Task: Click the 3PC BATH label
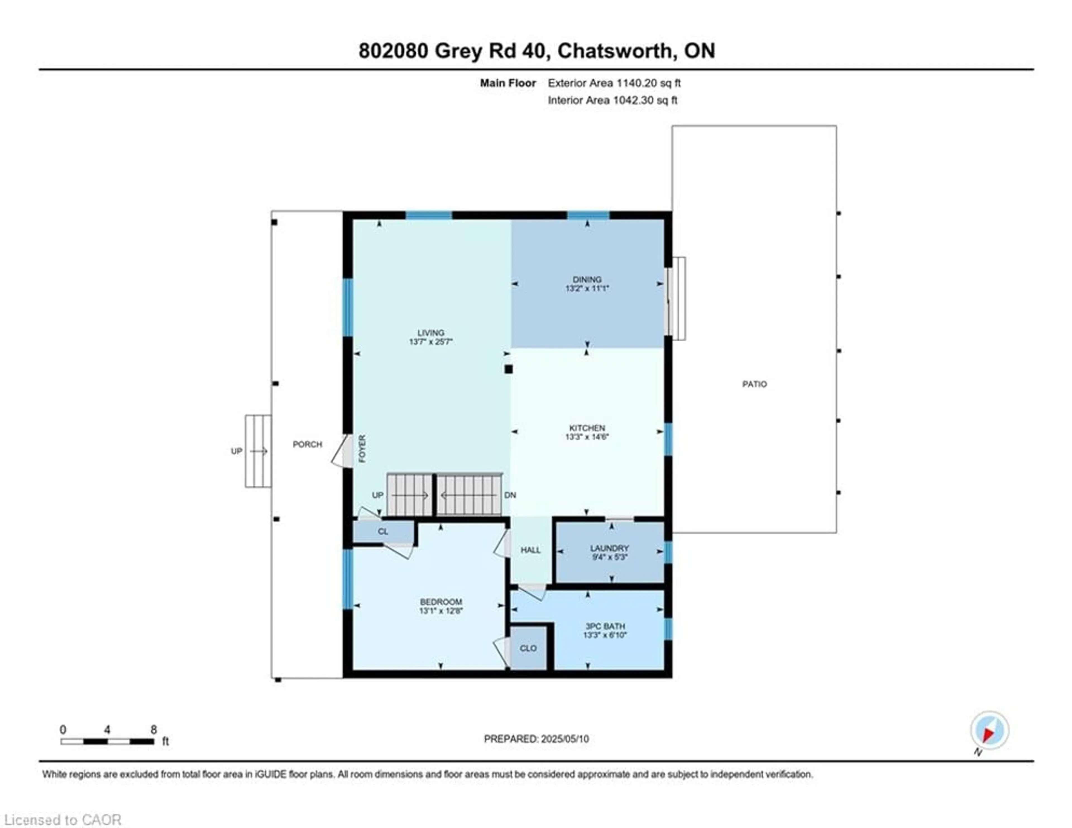click(x=605, y=626)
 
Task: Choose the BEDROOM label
click(x=441, y=602)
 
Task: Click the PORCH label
click(x=307, y=444)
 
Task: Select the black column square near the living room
click(x=509, y=369)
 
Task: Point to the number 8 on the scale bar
click(x=154, y=730)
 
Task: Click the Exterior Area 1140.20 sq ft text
click(x=614, y=83)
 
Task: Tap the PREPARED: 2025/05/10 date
click(x=536, y=739)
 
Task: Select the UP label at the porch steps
click(x=236, y=451)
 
